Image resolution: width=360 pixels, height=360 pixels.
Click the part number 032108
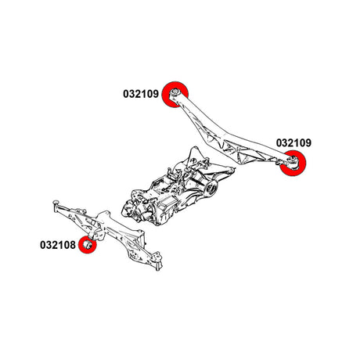[x=58, y=245]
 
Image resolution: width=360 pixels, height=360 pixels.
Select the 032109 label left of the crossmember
[x=141, y=94]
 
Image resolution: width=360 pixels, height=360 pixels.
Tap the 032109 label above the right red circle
[x=293, y=142]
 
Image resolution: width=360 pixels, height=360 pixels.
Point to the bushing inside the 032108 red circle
[x=88, y=245]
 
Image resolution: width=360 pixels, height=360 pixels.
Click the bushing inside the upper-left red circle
[x=175, y=92]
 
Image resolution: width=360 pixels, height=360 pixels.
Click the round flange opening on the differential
[x=212, y=187]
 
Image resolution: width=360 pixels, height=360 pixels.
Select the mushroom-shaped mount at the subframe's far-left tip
[x=56, y=203]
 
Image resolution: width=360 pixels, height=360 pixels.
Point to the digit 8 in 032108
[x=73, y=245]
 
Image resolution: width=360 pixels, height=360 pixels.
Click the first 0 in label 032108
[x=43, y=245]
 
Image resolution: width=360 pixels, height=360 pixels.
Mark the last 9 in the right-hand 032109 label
[x=308, y=142]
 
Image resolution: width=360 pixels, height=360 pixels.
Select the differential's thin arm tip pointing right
[x=232, y=168]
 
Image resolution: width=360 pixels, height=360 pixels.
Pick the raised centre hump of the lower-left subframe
[x=103, y=216]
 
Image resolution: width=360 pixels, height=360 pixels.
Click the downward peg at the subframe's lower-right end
[x=158, y=267]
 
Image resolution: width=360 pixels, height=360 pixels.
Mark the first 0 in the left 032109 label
[x=126, y=94]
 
